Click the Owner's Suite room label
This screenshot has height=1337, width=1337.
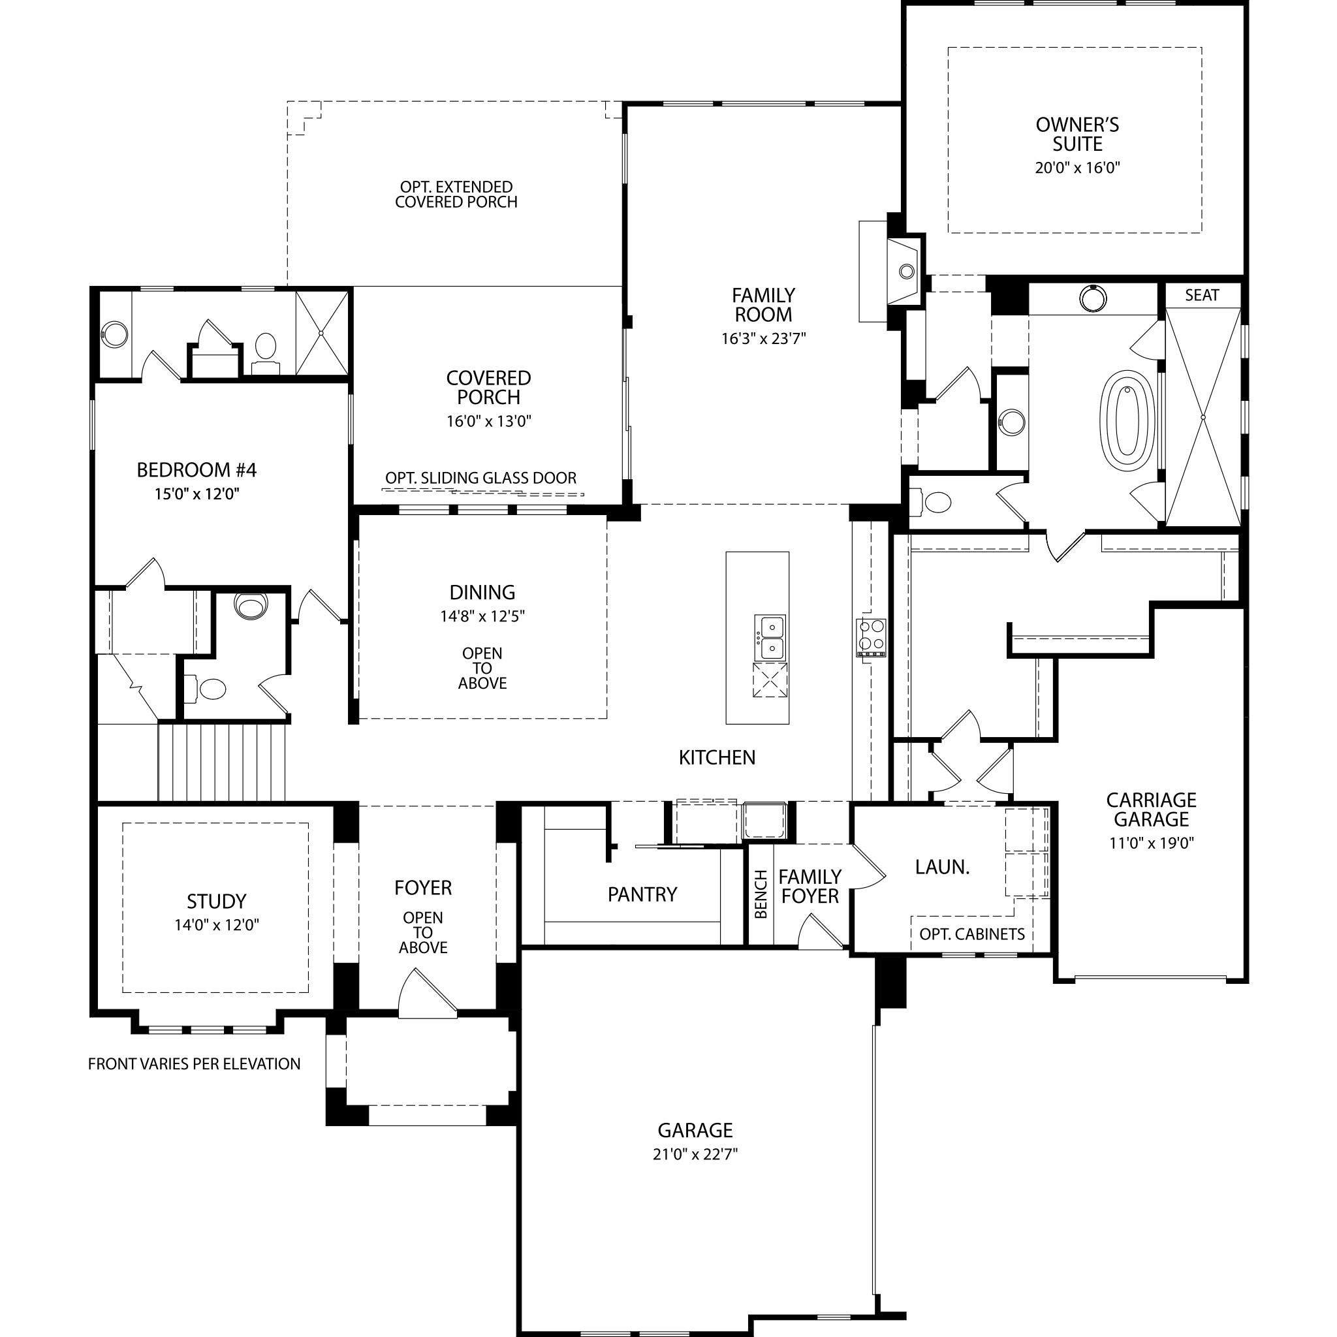pyautogui.click(x=1077, y=135)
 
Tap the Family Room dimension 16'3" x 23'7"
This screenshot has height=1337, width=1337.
pyautogui.click(x=763, y=339)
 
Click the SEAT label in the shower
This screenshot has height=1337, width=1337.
pyautogui.click(x=1202, y=296)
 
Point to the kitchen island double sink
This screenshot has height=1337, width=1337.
pyautogui.click(x=770, y=637)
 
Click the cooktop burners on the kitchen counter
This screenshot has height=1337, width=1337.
pyautogui.click(x=872, y=636)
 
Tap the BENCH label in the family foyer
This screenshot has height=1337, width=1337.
pyautogui.click(x=761, y=894)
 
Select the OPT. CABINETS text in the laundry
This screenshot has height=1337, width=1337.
pyautogui.click(x=971, y=934)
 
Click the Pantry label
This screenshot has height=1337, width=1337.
pyautogui.click(x=642, y=895)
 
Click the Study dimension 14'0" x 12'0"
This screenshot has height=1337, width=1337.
pyautogui.click(x=217, y=925)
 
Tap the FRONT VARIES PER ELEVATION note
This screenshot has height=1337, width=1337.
pyautogui.click(x=195, y=1063)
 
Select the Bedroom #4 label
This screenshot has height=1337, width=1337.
pyautogui.click(x=197, y=471)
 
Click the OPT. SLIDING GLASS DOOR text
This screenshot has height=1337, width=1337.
pyautogui.click(x=481, y=478)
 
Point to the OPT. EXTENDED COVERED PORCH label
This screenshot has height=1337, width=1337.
pyautogui.click(x=456, y=195)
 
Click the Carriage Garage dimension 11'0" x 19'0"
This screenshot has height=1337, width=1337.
pyautogui.click(x=1152, y=843)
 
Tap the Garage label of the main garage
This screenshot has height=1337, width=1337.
pyautogui.click(x=695, y=1131)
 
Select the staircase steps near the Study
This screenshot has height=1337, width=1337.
pyautogui.click(x=221, y=761)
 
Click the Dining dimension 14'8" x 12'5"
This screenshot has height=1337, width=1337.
pyautogui.click(x=482, y=616)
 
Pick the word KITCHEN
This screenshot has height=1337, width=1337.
pyautogui.click(x=717, y=758)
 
